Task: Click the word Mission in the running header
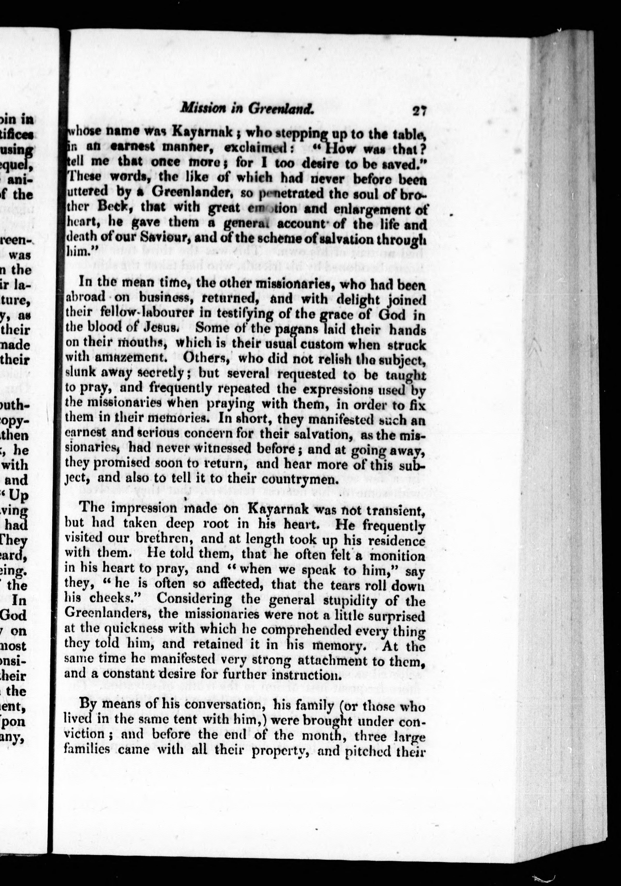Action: click(x=200, y=109)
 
